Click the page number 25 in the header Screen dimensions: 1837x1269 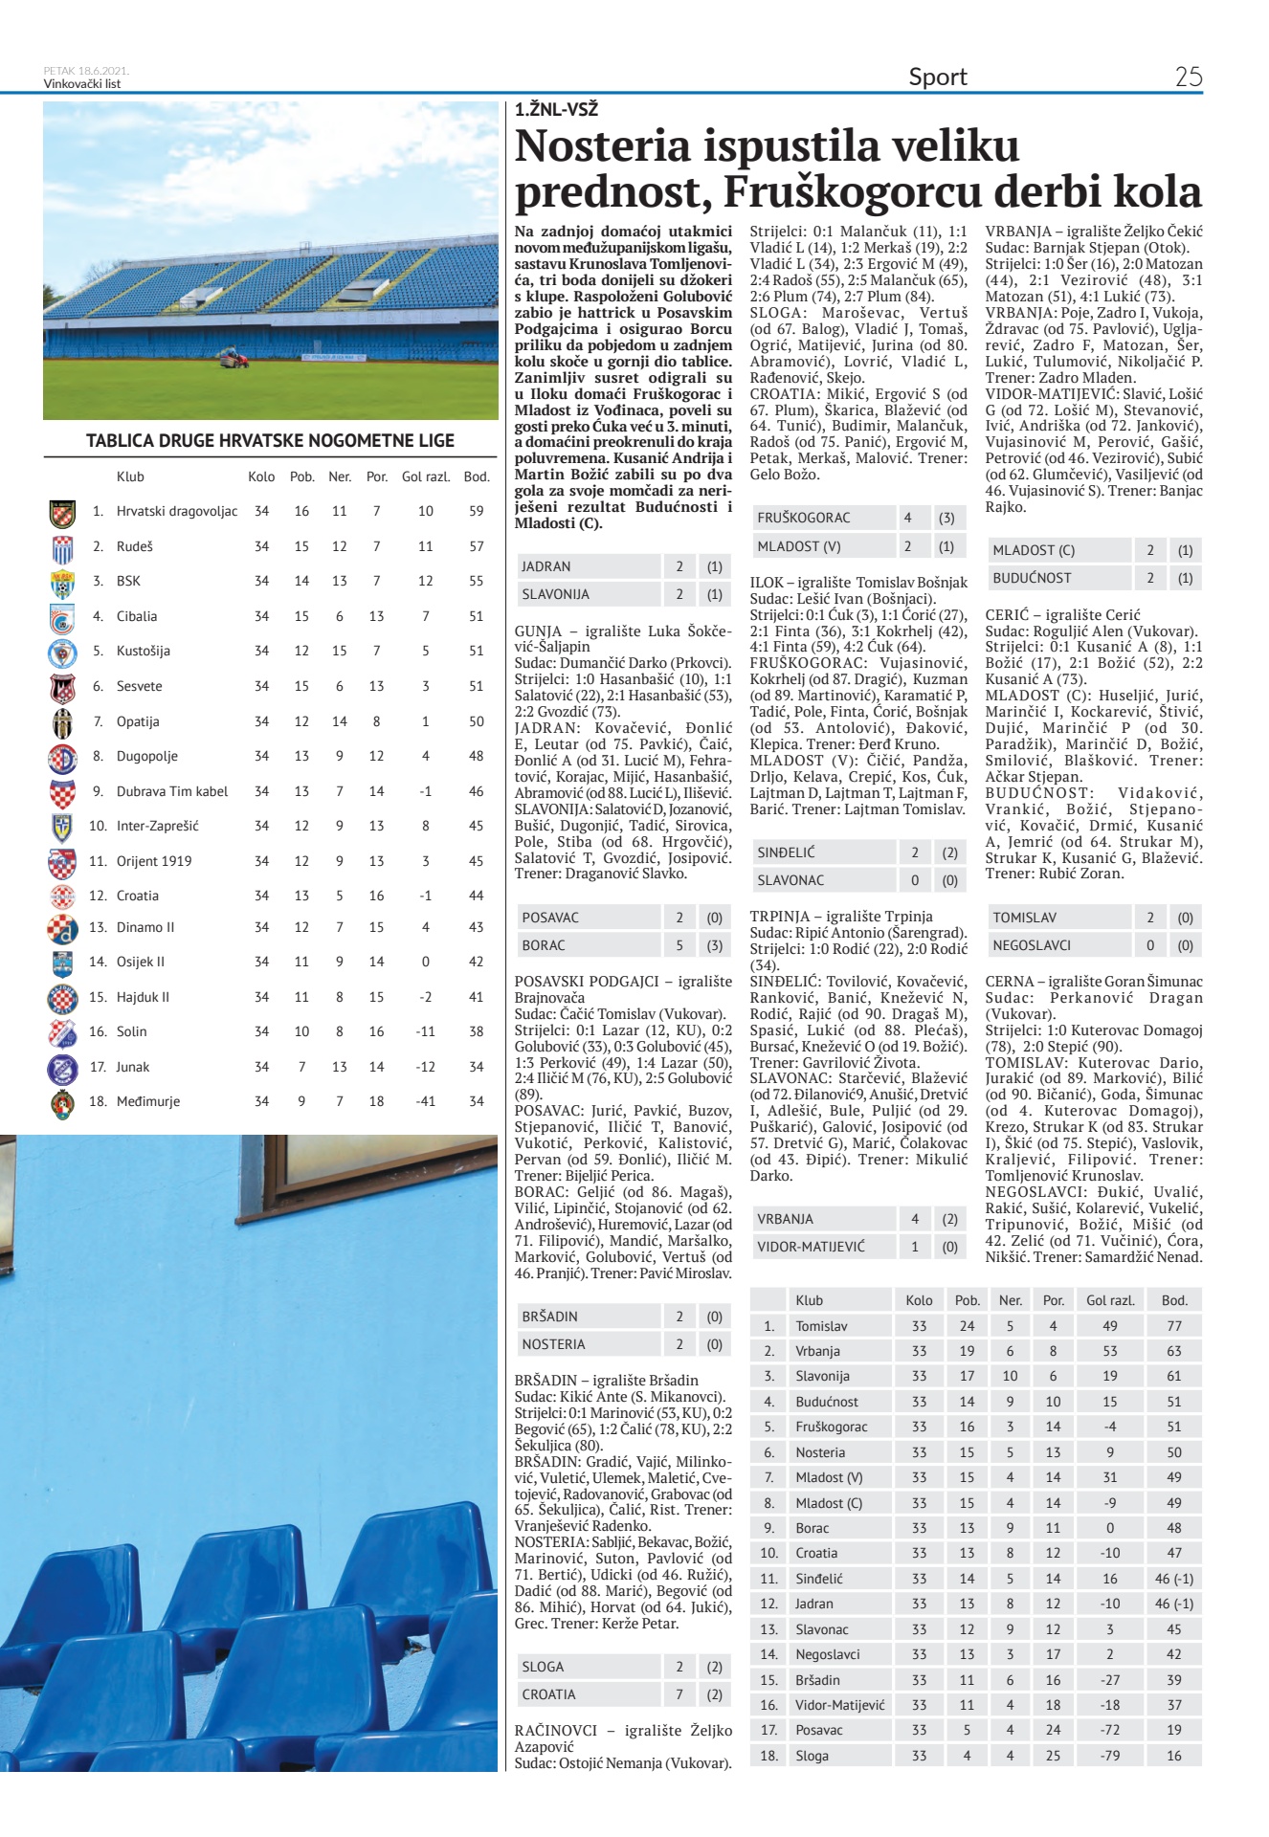(1188, 77)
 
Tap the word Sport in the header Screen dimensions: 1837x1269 (938, 77)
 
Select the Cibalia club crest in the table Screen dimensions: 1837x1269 (62, 617)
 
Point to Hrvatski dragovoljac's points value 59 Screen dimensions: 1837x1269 (476, 511)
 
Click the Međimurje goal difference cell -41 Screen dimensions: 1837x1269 (426, 1101)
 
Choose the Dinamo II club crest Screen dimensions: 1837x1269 (62, 928)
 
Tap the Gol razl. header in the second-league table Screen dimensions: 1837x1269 (426, 476)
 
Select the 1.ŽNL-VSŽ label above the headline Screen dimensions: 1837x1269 (556, 110)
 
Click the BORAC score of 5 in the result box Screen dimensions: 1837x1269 (679, 945)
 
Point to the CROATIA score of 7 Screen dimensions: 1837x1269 (679, 1694)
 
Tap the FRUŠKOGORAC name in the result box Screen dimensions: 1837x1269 (803, 518)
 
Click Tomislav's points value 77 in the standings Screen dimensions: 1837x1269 (1174, 1326)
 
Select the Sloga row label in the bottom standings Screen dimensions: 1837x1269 (812, 1756)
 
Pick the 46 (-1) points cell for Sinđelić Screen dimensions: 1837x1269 (1174, 1579)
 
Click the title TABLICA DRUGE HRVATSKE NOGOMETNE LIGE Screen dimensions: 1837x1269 (270, 441)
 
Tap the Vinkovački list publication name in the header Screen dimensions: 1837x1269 (82, 84)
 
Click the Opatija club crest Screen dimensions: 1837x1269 (62, 721)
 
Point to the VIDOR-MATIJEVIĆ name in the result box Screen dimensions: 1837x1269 (811, 1247)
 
